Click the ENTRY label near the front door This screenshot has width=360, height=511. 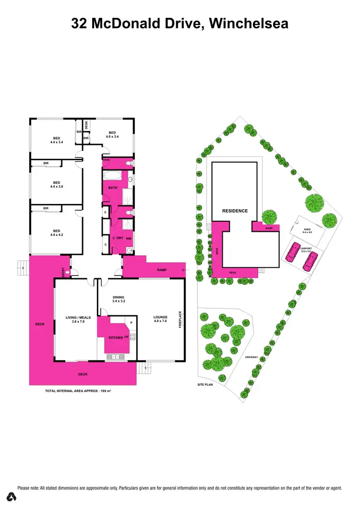pyautogui.click(x=63, y=272)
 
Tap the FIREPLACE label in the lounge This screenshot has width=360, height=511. pyautogui.click(x=180, y=320)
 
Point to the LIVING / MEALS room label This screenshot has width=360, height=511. pyautogui.click(x=75, y=319)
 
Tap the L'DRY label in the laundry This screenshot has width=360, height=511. pyautogui.click(x=117, y=238)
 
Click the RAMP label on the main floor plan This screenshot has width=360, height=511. pyautogui.click(x=162, y=270)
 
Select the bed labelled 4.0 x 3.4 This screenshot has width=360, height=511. pyautogui.click(x=112, y=135)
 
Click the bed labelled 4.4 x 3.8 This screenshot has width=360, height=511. pyautogui.click(x=57, y=185)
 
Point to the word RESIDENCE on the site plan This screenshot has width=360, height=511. pyautogui.click(x=235, y=211)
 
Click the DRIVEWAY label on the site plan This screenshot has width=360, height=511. pyautogui.click(x=252, y=357)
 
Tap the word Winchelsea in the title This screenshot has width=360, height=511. pyautogui.click(x=249, y=23)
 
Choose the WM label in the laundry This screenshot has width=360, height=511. pyautogui.click(x=128, y=238)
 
